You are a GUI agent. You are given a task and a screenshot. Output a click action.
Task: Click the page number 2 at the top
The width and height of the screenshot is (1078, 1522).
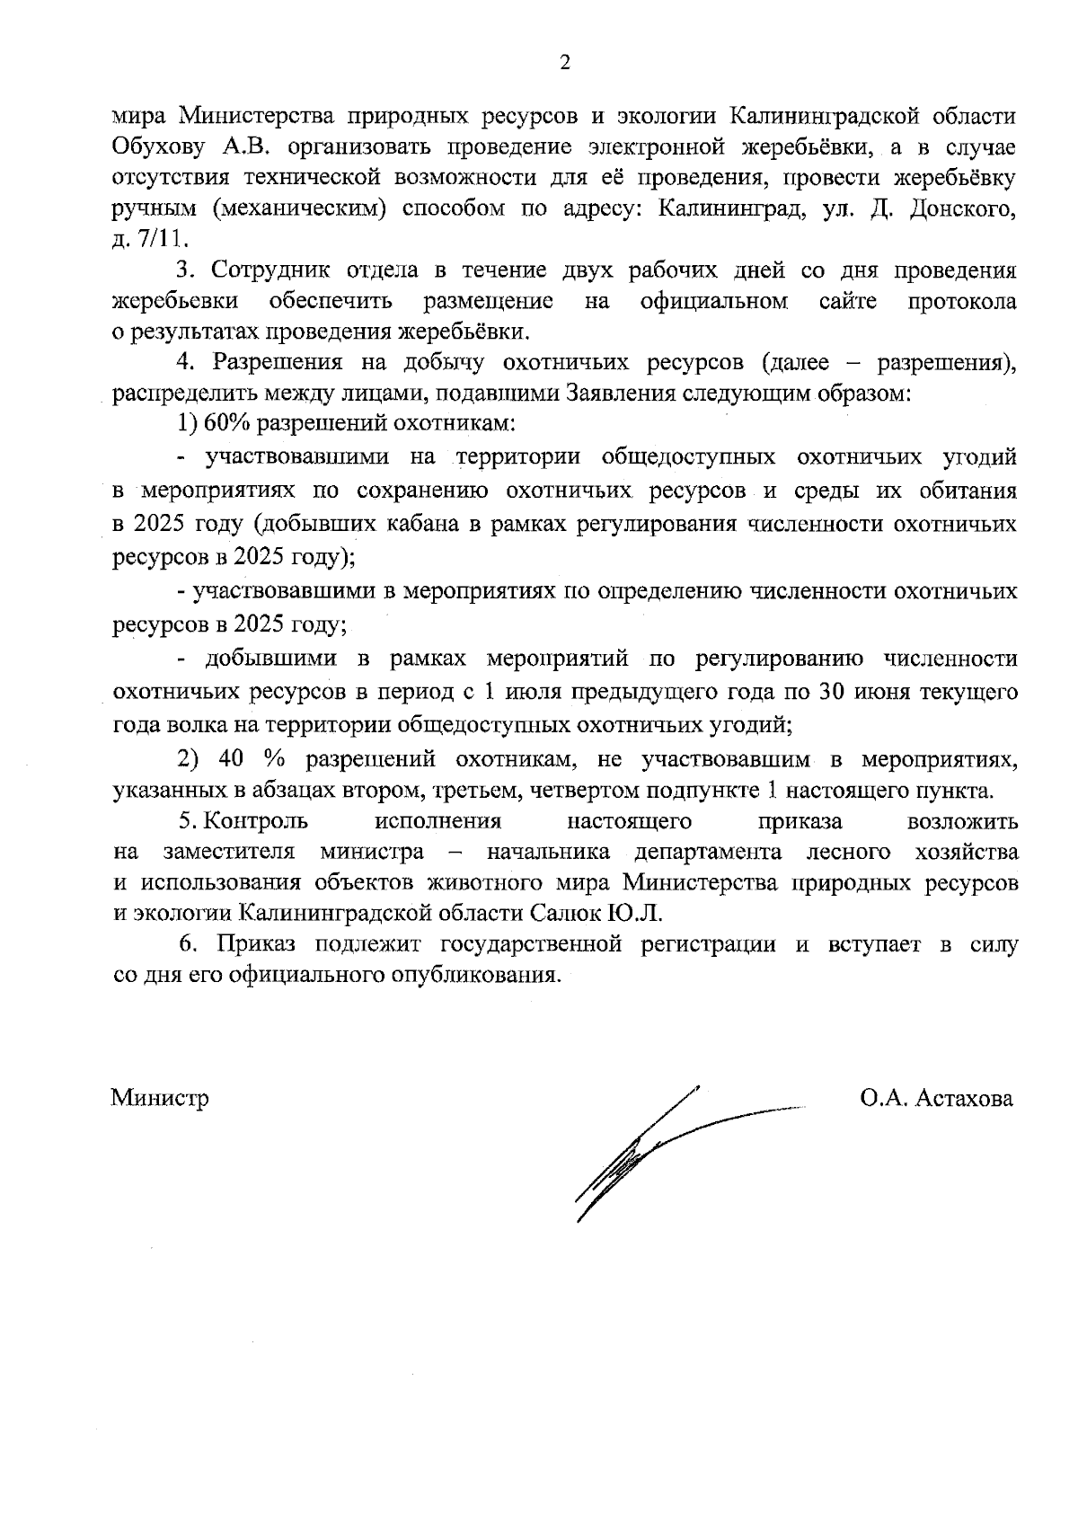565,62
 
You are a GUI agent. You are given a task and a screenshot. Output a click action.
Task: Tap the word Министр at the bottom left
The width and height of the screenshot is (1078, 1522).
160,1098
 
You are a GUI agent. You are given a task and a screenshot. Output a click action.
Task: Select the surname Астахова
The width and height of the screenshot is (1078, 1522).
964,1098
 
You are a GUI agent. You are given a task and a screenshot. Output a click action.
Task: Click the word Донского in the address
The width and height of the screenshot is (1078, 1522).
970,209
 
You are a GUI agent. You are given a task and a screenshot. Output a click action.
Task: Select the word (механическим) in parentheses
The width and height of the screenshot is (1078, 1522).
300,209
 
